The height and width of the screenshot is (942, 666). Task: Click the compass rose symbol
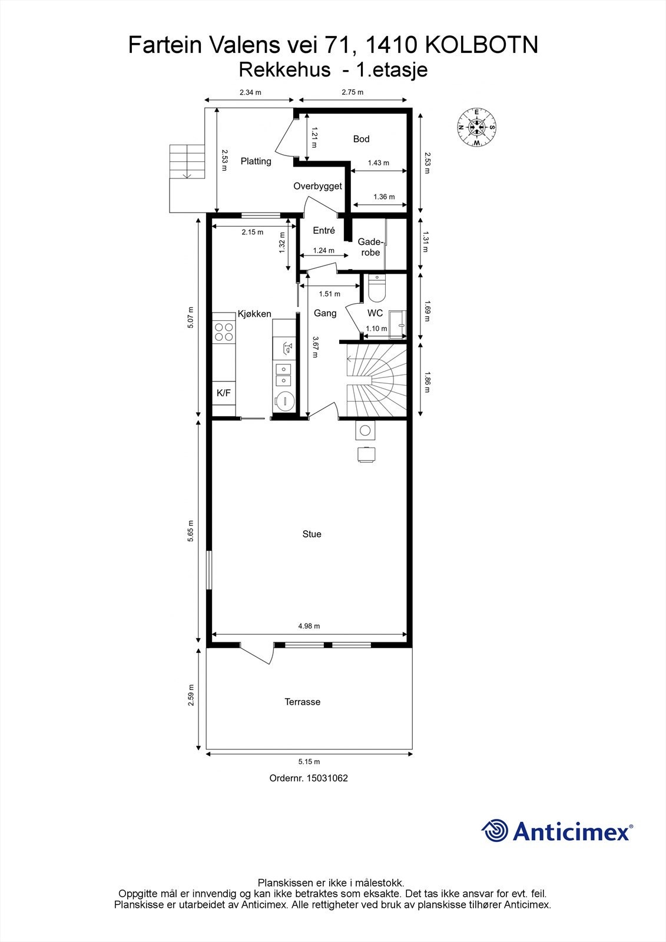point(476,127)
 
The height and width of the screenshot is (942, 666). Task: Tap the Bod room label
point(361,139)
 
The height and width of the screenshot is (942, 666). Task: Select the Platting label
point(256,161)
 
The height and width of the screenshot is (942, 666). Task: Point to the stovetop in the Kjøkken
point(223,332)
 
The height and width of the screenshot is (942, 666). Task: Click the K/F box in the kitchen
point(224,393)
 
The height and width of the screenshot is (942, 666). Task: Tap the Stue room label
point(312,534)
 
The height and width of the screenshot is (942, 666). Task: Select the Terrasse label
point(302,702)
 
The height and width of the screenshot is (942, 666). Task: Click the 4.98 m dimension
point(309,626)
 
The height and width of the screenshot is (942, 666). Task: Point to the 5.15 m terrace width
point(309,762)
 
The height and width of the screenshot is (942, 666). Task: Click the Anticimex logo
point(556,831)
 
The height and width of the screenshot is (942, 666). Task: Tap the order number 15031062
point(309,778)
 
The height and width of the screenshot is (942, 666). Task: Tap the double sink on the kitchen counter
point(283,370)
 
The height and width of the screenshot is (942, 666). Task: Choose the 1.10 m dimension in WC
point(376,329)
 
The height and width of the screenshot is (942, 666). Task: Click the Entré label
point(323,231)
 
